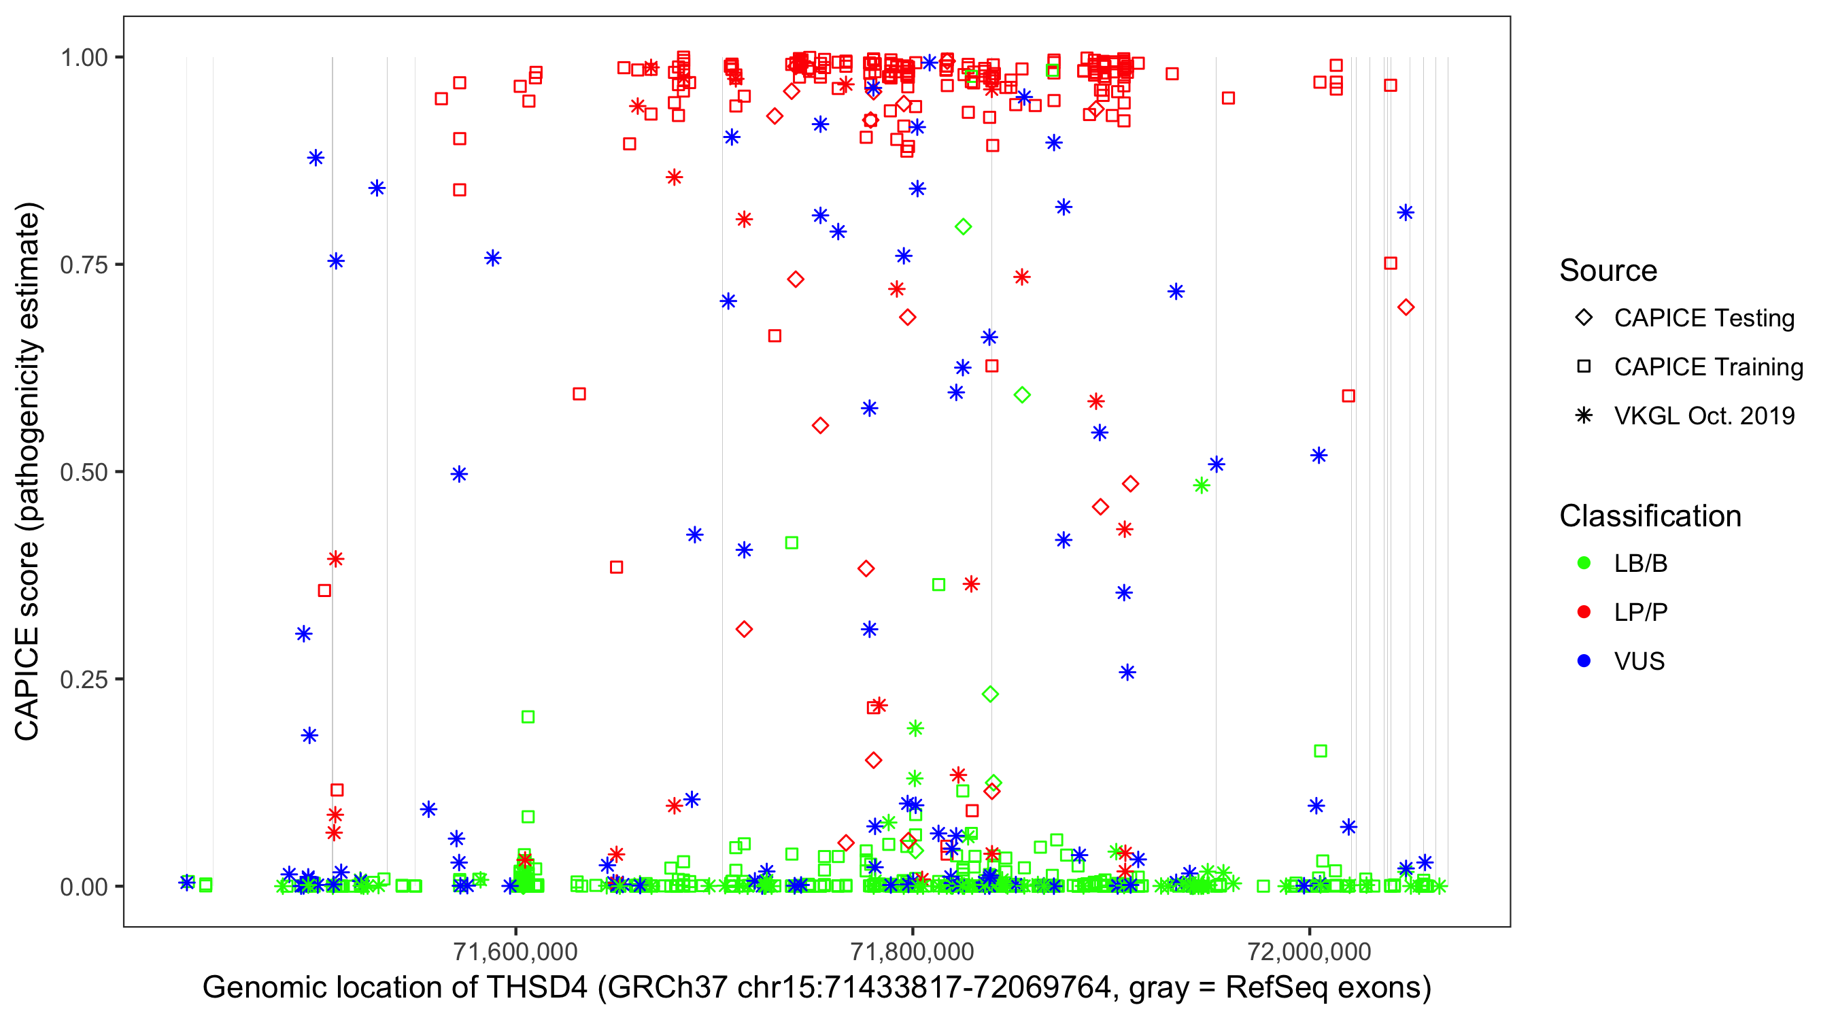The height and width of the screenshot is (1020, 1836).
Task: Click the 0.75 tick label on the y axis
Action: click(x=83, y=265)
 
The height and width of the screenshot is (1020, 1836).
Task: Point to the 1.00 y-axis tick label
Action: click(x=83, y=57)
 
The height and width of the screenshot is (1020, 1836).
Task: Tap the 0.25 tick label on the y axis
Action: click(x=83, y=679)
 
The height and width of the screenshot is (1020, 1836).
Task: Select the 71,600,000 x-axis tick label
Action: click(x=515, y=951)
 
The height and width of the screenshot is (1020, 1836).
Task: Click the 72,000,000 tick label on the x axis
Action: click(x=1309, y=951)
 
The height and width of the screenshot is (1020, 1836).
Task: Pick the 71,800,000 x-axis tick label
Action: click(x=913, y=951)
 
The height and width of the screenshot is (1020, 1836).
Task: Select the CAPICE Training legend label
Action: click(x=1708, y=367)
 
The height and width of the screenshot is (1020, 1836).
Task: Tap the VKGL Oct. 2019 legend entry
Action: click(x=1704, y=416)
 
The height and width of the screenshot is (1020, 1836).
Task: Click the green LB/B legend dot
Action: click(x=1584, y=563)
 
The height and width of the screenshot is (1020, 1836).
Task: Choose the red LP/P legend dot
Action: click(x=1584, y=612)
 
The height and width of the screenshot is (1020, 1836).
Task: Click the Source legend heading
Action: click(x=1608, y=271)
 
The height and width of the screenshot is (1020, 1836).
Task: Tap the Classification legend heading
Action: click(x=1650, y=516)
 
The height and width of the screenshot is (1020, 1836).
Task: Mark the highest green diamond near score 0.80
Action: click(x=963, y=226)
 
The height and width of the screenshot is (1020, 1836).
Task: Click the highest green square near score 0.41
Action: click(x=791, y=543)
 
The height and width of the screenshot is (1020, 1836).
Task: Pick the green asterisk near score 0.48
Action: click(x=1202, y=486)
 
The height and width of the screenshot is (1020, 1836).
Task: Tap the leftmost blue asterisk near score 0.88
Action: click(x=316, y=158)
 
